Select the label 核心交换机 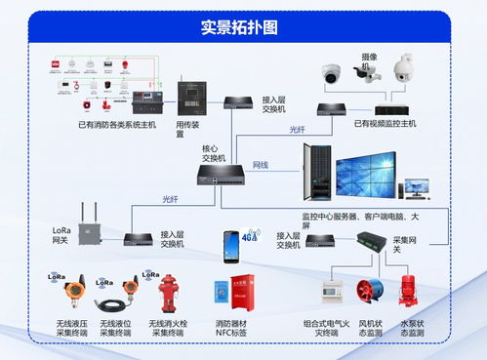[x=214, y=154]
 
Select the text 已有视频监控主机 [x=385, y=124]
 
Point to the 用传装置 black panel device [x=190, y=97]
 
